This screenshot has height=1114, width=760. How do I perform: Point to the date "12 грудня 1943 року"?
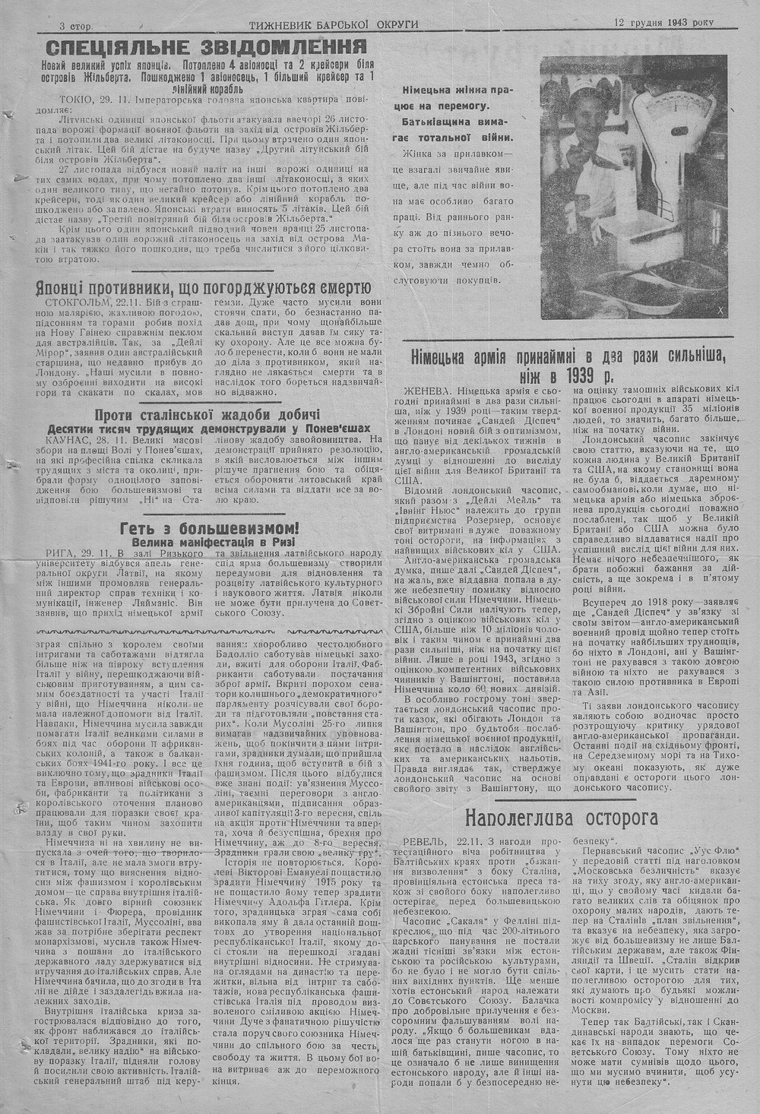[x=665, y=23]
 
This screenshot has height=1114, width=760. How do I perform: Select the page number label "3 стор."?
[x=76, y=25]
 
